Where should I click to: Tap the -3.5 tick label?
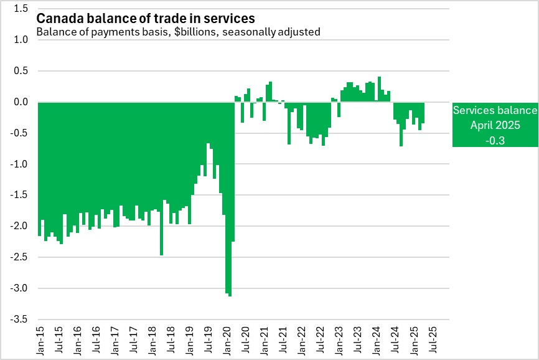[x=19, y=320]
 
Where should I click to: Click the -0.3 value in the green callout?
[x=495, y=140]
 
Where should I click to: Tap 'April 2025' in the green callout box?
[x=495, y=125]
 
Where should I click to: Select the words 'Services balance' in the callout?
[x=495, y=110]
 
